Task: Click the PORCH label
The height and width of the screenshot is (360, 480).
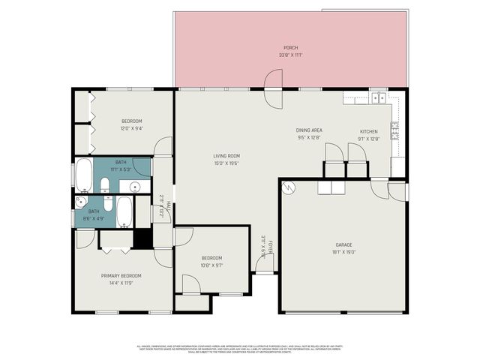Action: pyautogui.click(x=290, y=47)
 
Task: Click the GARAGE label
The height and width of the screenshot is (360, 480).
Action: pyautogui.click(x=343, y=245)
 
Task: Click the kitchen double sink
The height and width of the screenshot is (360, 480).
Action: pyautogui.click(x=379, y=97)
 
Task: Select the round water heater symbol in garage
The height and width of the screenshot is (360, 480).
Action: pyautogui.click(x=289, y=187)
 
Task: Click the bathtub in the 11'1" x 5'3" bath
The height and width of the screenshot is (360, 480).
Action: pyautogui.click(x=84, y=175)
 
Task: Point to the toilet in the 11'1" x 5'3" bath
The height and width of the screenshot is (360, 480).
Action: pyautogui.click(x=106, y=184)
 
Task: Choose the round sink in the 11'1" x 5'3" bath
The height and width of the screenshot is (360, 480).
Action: pyautogui.click(x=135, y=187)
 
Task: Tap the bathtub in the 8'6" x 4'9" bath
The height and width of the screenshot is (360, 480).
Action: pyautogui.click(x=124, y=211)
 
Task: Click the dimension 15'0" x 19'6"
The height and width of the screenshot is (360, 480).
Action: pyautogui.click(x=226, y=163)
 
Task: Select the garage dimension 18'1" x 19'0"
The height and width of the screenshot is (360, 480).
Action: pyautogui.click(x=343, y=252)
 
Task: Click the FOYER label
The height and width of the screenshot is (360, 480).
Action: pyautogui.click(x=271, y=247)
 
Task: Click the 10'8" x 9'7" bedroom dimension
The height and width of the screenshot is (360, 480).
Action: pyautogui.click(x=211, y=265)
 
